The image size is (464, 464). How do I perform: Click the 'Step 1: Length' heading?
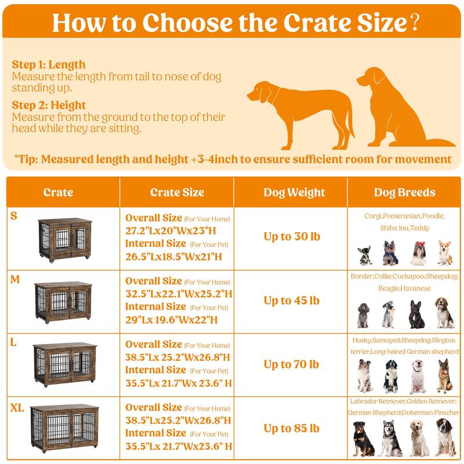point(49,64)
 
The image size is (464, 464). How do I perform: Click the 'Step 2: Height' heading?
point(49,105)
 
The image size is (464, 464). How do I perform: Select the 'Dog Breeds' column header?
point(405,192)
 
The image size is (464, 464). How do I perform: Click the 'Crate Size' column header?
point(177,192)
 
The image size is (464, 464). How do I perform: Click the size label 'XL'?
point(17,408)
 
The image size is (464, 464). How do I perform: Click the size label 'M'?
point(16,280)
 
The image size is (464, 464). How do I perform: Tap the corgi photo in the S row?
point(444,253)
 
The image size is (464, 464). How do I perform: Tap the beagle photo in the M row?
point(445,313)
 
